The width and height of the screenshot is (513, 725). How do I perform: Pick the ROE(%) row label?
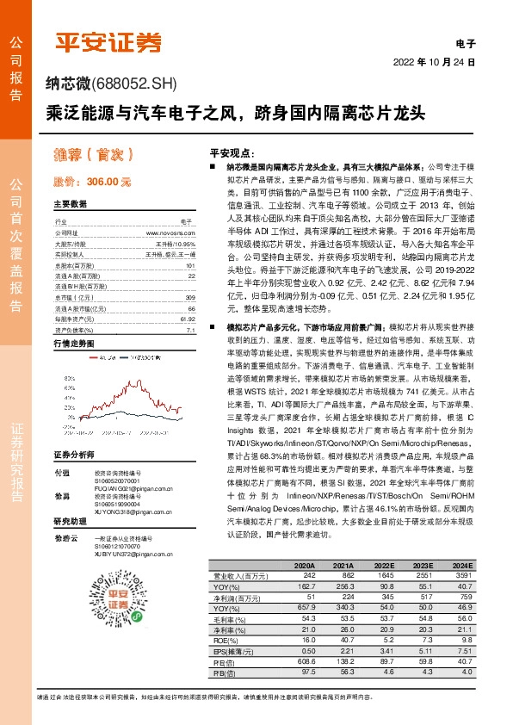(223, 641)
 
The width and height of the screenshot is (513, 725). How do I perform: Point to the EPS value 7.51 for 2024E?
(462, 651)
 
